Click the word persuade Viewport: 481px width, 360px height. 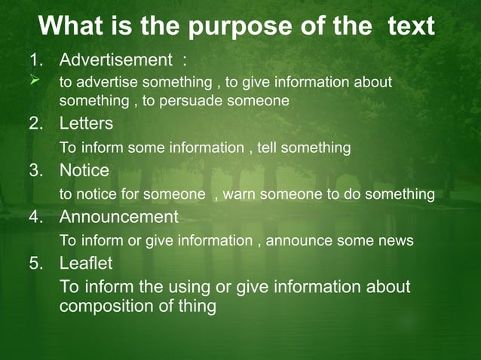[x=213, y=100]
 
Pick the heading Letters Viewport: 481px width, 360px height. [x=86, y=123]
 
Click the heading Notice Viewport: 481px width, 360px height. [x=84, y=170]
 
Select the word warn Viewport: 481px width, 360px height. [x=240, y=194]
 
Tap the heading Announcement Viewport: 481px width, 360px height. [x=118, y=217]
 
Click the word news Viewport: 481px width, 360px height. [x=397, y=241]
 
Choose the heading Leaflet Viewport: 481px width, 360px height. [x=86, y=264]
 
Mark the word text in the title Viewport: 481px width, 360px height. [x=411, y=28]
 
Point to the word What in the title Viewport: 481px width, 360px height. [x=69, y=28]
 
